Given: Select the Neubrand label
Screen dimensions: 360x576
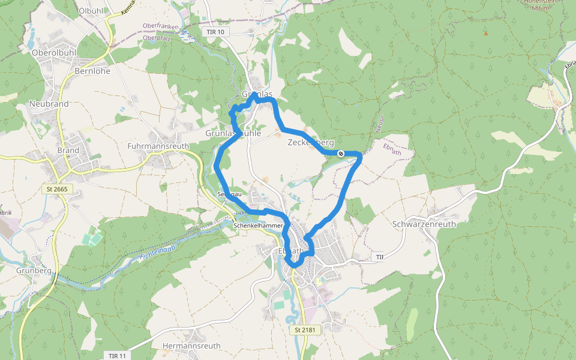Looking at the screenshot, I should (x=49, y=104).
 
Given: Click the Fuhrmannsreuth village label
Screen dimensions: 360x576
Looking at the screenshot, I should (x=158, y=146).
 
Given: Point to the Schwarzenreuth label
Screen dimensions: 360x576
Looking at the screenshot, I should (x=424, y=224).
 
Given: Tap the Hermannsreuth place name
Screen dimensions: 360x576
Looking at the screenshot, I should (x=192, y=346).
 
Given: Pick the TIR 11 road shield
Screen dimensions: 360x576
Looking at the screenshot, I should (x=117, y=356).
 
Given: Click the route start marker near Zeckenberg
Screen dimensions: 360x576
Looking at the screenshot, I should (x=341, y=154).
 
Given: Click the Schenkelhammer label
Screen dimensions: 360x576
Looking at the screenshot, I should (x=258, y=226).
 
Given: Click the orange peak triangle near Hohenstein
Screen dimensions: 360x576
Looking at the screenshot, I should (x=486, y=32).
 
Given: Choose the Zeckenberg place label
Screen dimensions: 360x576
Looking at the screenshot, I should (x=311, y=142).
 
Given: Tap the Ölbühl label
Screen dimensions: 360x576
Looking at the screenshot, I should (x=91, y=11).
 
